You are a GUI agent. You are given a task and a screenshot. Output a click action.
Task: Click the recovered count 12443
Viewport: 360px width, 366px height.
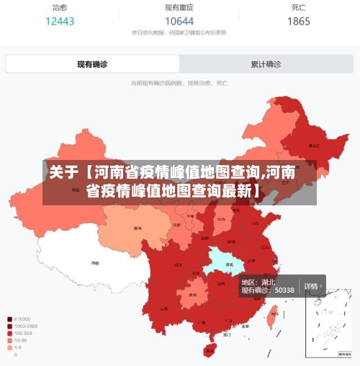tap(60, 21)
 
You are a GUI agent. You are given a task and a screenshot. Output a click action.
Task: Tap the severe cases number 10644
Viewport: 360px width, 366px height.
tap(179, 21)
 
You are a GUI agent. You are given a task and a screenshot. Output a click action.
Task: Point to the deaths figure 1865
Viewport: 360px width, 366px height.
tap(299, 21)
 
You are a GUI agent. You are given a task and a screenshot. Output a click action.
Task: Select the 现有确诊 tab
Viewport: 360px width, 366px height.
tap(92, 64)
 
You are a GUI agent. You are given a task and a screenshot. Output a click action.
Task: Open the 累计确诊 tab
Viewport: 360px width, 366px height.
tap(266, 64)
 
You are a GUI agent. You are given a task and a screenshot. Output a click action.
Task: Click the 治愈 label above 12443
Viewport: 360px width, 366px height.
tap(60, 7)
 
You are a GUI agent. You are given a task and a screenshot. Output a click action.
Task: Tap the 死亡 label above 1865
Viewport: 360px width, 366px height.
tap(299, 7)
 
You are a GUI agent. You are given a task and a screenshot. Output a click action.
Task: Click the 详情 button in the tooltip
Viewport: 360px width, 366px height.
tap(312, 286)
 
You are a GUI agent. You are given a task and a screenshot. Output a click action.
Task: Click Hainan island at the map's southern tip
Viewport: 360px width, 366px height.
tap(210, 350)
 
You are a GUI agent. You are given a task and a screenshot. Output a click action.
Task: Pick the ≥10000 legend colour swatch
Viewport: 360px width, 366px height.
tap(9, 318)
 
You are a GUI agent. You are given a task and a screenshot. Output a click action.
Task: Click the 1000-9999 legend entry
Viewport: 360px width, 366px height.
tap(25, 326)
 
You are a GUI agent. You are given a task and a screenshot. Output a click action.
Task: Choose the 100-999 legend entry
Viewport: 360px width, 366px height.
tap(23, 333)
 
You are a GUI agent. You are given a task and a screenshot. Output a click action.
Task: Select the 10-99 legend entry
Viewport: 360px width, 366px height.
tap(22, 340)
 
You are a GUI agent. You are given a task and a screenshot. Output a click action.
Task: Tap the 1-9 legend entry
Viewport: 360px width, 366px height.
tap(19, 347)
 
